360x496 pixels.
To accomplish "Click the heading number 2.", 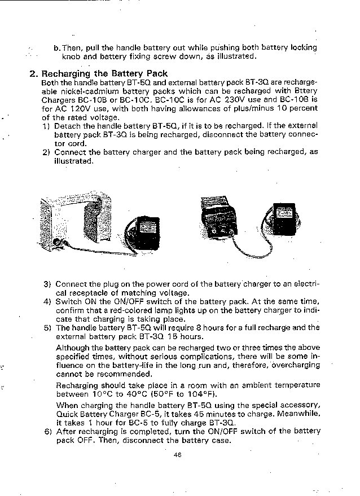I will point(33,73).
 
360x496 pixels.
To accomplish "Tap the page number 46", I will point(179,455).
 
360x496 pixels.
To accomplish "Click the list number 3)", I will point(47,284).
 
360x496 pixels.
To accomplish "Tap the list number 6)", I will point(47,432).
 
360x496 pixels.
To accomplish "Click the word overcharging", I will point(295,365).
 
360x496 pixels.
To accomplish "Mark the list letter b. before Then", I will point(57,47).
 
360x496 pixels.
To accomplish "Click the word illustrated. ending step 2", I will point(73,161).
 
